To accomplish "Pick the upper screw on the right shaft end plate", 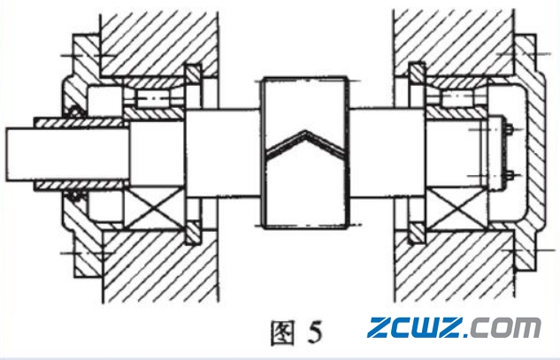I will pyautogui.click(x=510, y=131).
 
